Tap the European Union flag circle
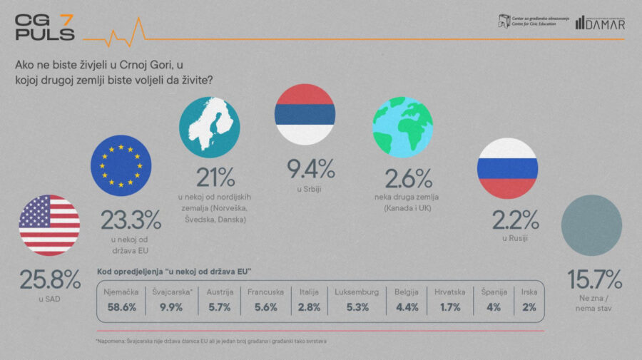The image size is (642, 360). (121, 165)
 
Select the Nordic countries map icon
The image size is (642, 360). (210, 127)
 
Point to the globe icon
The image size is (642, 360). (403, 126)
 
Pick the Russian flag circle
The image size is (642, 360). (507, 168)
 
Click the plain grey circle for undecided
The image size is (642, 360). (591, 225)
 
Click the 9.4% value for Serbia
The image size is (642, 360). (311, 169)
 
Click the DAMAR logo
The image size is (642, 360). (602, 24)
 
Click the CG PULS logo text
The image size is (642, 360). (44, 27)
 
